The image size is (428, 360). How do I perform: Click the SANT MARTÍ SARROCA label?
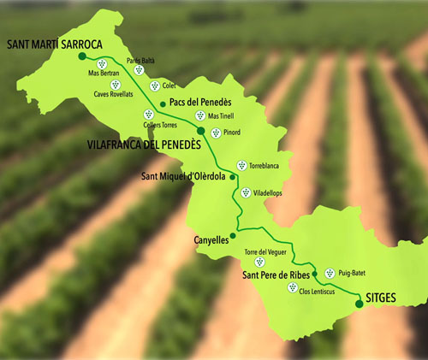[54, 44]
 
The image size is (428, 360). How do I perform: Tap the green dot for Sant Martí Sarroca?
[82, 56]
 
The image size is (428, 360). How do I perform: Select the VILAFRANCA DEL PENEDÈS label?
[144, 145]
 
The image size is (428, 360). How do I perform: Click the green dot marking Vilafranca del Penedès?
[201, 131]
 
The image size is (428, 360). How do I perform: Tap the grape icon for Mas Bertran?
[102, 63]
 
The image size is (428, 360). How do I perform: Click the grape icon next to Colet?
[154, 86]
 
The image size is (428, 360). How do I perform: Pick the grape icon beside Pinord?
[215, 133]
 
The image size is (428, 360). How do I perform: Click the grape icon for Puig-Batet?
[330, 273]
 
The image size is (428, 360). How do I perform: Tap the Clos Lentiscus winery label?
[315, 292]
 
